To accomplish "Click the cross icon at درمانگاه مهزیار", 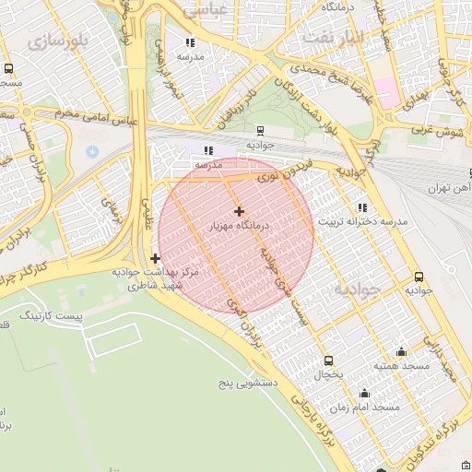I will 240,211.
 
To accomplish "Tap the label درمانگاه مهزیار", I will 240,226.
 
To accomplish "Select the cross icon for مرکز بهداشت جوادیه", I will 154,259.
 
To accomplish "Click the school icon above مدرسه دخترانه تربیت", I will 360,208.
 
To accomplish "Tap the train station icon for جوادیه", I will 261,131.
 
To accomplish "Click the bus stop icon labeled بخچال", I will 328,360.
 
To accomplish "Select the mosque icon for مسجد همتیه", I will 401,352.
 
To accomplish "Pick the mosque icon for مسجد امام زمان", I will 365,393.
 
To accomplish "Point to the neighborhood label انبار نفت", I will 364,38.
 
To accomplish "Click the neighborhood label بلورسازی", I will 57,41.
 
